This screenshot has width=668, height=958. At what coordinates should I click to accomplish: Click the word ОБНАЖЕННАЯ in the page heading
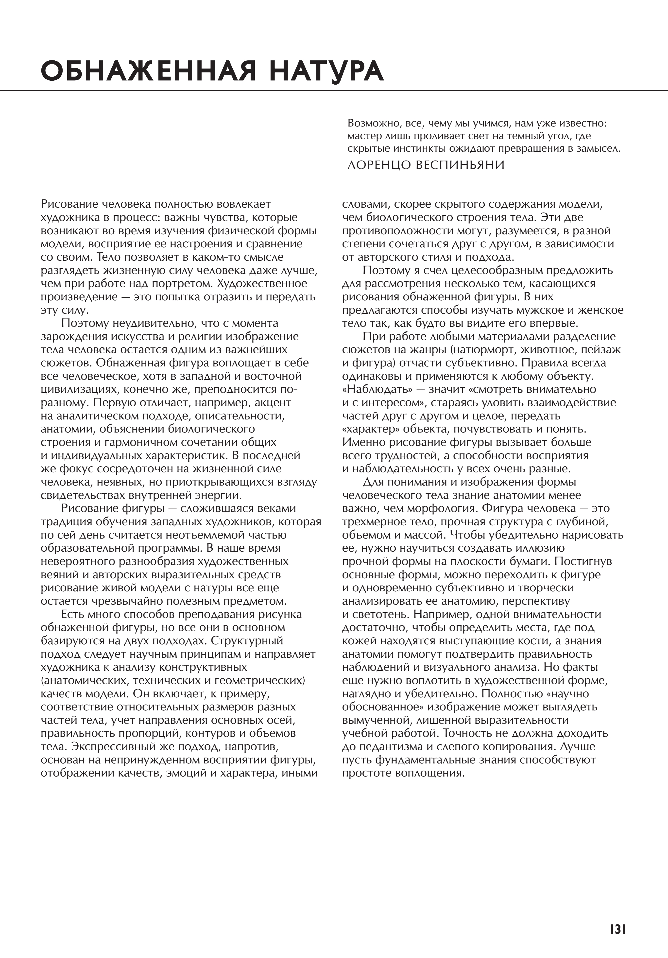148,71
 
